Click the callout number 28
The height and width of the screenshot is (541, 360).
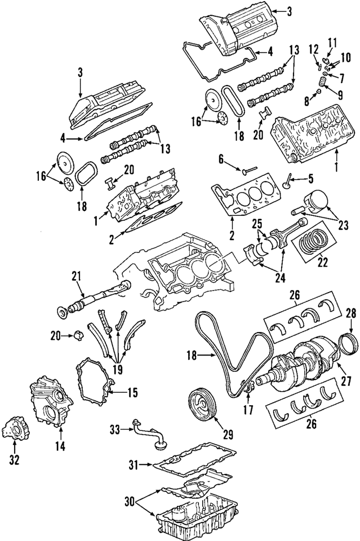point(350,313)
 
